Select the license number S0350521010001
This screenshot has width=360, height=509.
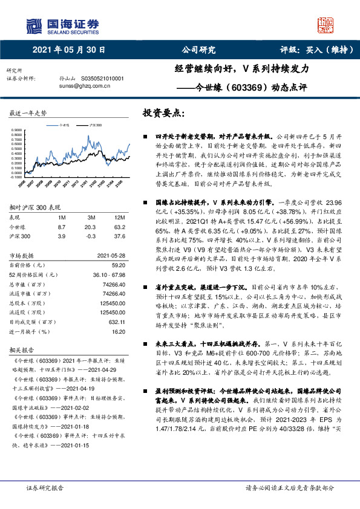tap(100, 79)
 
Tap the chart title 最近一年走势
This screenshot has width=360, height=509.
tap(28, 114)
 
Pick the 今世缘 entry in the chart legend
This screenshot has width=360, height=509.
tap(65, 123)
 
